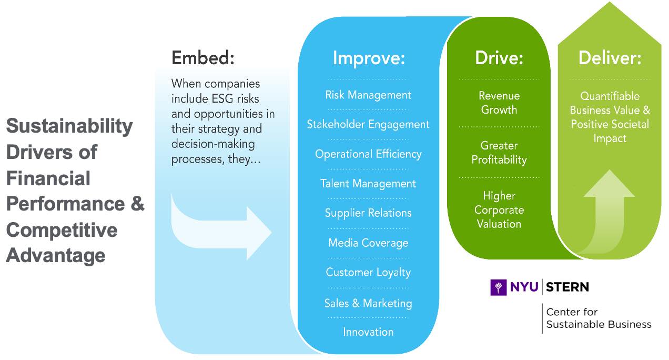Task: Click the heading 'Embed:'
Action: tap(202, 58)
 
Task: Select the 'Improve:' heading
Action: tap(369, 58)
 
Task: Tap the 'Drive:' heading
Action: tap(499, 58)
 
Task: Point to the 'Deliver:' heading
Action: tap(610, 58)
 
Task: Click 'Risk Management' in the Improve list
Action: tap(368, 95)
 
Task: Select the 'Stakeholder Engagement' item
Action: tap(368, 125)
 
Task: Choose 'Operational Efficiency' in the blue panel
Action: tap(368, 154)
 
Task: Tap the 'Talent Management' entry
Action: tap(368, 184)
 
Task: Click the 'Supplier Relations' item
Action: tap(368, 213)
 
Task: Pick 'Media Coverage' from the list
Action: tap(368, 243)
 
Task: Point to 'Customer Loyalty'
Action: tap(368, 273)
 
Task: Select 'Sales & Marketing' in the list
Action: tap(368, 303)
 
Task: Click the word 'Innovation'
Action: tap(368, 332)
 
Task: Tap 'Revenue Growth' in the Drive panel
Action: tap(499, 103)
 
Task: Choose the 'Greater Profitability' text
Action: tap(499, 153)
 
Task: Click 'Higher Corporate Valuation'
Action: tap(499, 209)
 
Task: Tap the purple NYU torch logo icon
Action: tap(498, 287)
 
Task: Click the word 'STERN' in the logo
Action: tap(567, 287)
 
